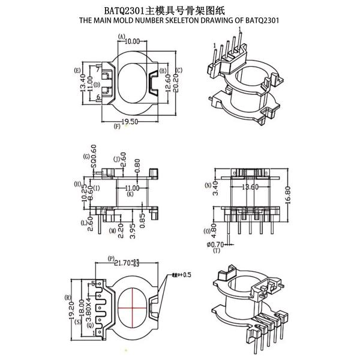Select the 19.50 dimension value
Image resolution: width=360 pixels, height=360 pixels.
[x=131, y=121]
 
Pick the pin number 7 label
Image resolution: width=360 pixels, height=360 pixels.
[x=97, y=69]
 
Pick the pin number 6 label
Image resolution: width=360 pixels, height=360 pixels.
[x=97, y=96]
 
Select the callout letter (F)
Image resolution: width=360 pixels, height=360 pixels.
[x=117, y=127]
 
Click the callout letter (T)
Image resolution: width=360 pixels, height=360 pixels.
[x=216, y=250]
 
